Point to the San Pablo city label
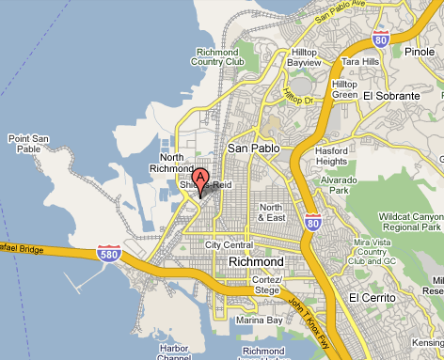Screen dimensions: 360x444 pyautogui.click(x=250, y=149)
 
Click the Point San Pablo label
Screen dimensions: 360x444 pyautogui.click(x=27, y=144)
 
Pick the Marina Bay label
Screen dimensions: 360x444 pyautogui.click(x=259, y=321)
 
